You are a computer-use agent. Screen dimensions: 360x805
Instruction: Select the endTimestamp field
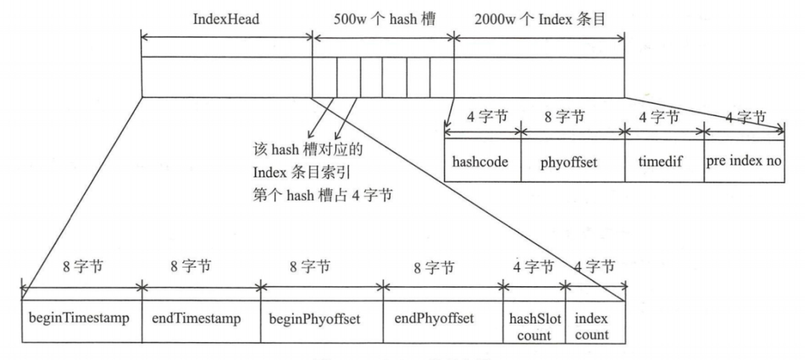pyautogui.click(x=201, y=319)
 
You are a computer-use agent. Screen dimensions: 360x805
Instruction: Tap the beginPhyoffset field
pyautogui.click(x=321, y=319)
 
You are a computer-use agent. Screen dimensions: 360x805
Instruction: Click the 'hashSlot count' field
pyautogui.click(x=534, y=326)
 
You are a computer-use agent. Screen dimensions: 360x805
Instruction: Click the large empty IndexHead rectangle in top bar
pyautogui.click(x=226, y=77)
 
